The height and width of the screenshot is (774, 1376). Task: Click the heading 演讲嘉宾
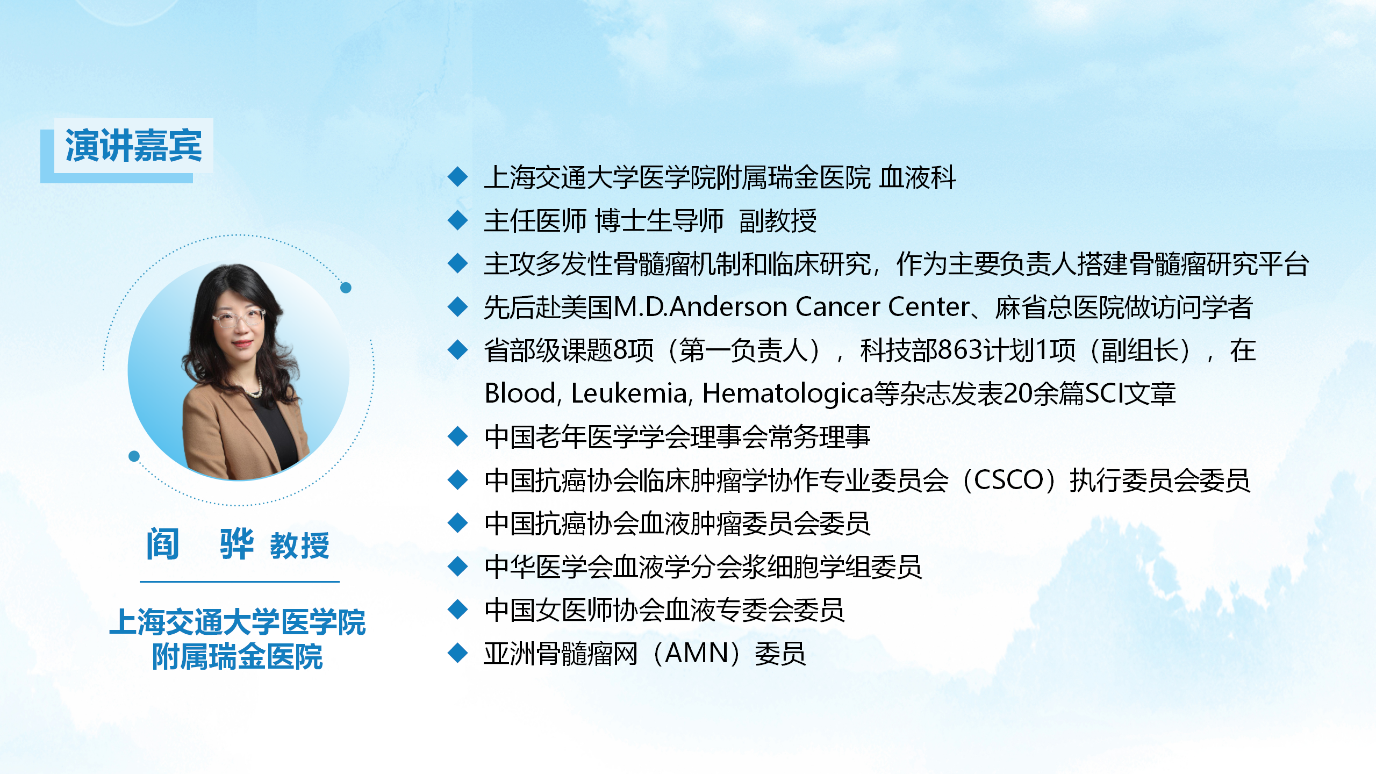[x=133, y=145]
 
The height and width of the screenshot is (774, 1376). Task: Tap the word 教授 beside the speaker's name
[x=299, y=546]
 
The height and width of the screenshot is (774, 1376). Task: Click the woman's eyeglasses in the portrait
[x=238, y=318]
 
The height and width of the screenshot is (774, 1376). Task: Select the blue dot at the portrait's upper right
[x=346, y=288]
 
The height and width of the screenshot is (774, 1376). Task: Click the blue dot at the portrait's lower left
[x=134, y=456]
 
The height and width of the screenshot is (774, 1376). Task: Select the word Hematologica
[x=788, y=394]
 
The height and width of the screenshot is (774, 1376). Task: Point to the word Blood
[x=521, y=393]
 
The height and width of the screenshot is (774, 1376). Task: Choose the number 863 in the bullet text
[x=962, y=350]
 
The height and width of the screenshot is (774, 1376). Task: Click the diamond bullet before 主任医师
[x=457, y=220]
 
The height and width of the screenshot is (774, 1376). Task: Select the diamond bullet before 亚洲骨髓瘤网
[x=457, y=653]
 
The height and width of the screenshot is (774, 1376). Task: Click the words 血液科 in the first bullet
[x=918, y=177]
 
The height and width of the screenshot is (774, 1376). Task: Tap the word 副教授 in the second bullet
[x=778, y=220]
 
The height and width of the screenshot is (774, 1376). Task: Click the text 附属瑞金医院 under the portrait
[x=237, y=656]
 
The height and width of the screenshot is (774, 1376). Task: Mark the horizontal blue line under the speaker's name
[x=240, y=582]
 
